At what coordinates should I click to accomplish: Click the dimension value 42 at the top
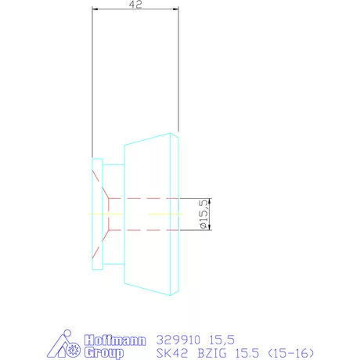pyautogui.click(x=136, y=5)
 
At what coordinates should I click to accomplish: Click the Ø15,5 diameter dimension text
pyautogui.click(x=203, y=214)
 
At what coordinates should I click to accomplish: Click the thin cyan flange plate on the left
pyautogui.click(x=97, y=214)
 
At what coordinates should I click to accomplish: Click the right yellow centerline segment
pyautogui.click(x=165, y=214)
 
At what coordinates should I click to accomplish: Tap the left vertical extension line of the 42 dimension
pyautogui.click(x=92, y=78)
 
